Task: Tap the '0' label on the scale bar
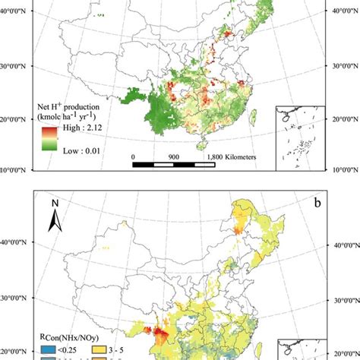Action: click(x=133, y=156)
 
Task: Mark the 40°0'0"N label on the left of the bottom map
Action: click(x=17, y=245)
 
